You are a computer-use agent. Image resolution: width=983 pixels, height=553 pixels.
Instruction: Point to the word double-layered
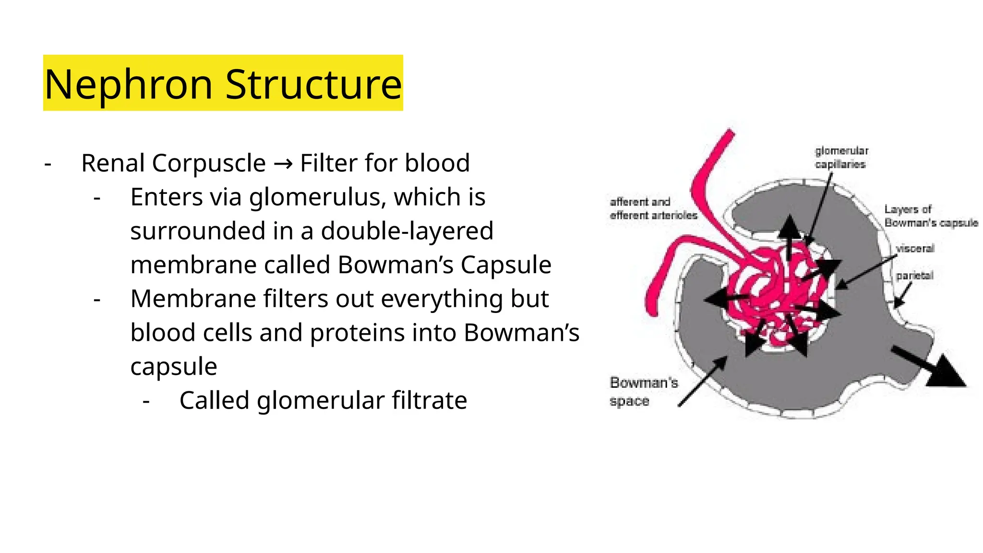tap(407, 231)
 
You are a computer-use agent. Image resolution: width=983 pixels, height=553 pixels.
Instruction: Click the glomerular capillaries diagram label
tap(841, 157)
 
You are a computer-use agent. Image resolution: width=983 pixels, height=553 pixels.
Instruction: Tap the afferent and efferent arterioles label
tap(653, 209)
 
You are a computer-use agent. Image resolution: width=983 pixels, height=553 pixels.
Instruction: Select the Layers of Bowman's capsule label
tap(931, 216)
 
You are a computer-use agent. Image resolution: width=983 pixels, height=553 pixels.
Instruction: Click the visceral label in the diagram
tap(915, 249)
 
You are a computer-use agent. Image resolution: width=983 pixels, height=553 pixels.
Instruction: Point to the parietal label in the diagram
tap(914, 276)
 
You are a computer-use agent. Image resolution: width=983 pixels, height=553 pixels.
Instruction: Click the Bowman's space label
tap(644, 391)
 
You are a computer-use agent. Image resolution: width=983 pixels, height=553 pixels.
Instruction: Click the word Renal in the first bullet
tap(113, 163)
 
